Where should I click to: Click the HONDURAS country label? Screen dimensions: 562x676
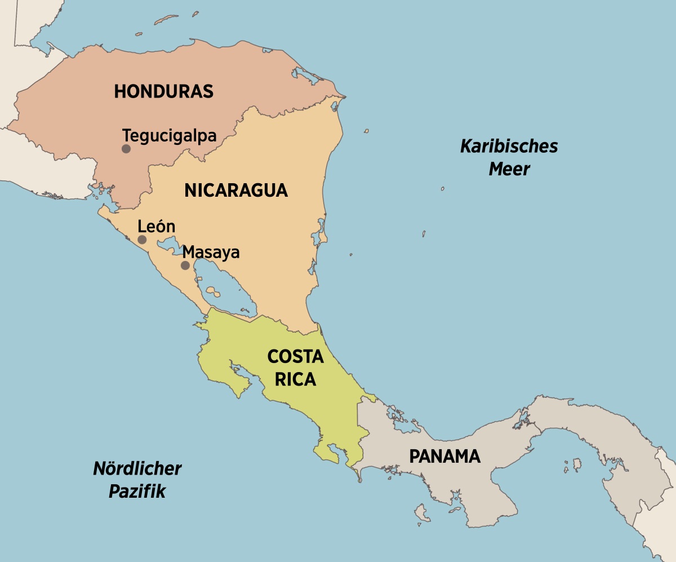(x=164, y=91)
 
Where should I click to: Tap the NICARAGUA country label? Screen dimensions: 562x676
(x=236, y=191)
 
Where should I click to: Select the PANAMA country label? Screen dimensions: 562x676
(x=444, y=456)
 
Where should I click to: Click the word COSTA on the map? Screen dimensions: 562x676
(x=295, y=357)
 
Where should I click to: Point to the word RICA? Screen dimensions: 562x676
(x=295, y=380)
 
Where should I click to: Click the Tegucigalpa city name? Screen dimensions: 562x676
(x=170, y=136)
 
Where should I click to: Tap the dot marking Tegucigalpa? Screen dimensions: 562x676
(x=126, y=149)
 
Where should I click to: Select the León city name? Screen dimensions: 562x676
(x=157, y=227)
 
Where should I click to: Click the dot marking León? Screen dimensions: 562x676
(x=142, y=240)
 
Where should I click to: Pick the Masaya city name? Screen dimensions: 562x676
(x=211, y=252)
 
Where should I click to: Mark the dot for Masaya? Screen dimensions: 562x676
(x=185, y=265)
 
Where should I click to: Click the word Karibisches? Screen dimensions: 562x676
(x=509, y=147)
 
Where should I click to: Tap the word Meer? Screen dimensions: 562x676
(x=509, y=169)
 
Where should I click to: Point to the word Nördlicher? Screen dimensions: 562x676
(x=137, y=468)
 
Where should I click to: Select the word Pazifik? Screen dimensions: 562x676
(x=137, y=491)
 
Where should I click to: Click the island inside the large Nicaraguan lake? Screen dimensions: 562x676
(x=212, y=291)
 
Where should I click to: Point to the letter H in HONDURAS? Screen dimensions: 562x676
(x=119, y=91)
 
